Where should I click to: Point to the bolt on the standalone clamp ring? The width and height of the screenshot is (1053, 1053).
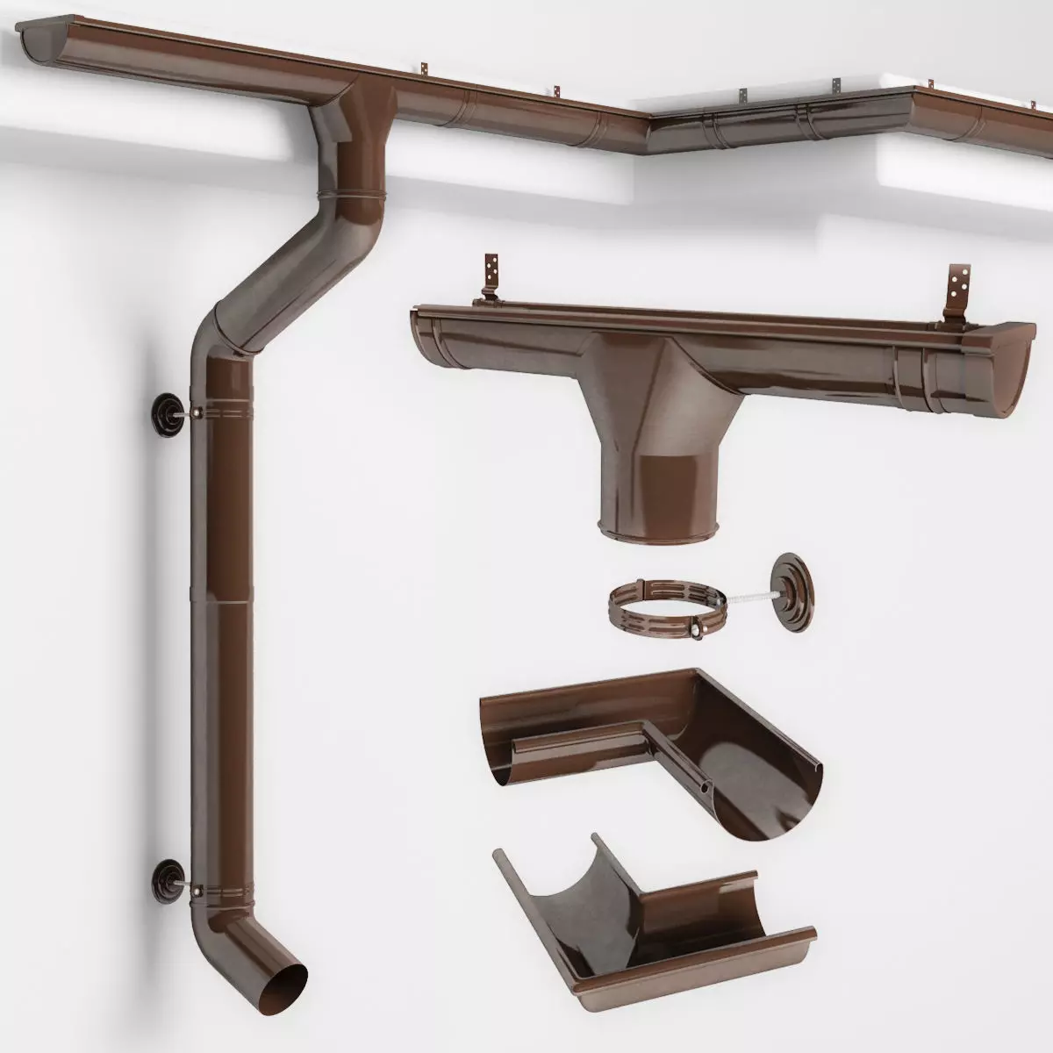(x=698, y=628)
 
